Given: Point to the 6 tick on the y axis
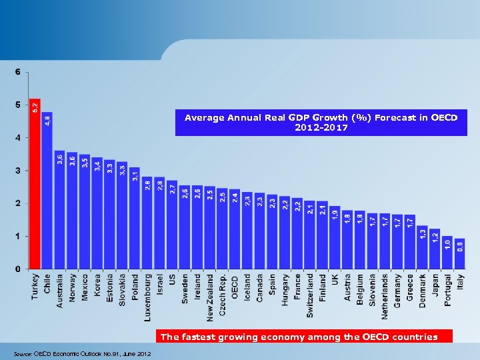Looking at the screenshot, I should click(17, 72).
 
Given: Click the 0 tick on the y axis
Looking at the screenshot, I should click(17, 269).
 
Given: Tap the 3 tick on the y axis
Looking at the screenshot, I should click(17, 171).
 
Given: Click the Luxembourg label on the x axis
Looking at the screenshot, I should click(147, 295).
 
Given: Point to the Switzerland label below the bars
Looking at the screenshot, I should click(310, 294).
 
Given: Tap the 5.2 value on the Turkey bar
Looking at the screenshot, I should click(35, 107).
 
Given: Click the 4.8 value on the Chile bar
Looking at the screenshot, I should click(47, 120).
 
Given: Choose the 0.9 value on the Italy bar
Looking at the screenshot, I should click(460, 247).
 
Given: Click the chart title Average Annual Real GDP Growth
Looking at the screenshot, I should click(321, 122).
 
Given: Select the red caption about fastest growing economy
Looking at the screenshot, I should click(299, 337).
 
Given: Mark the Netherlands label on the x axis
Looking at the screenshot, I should click(385, 295).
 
